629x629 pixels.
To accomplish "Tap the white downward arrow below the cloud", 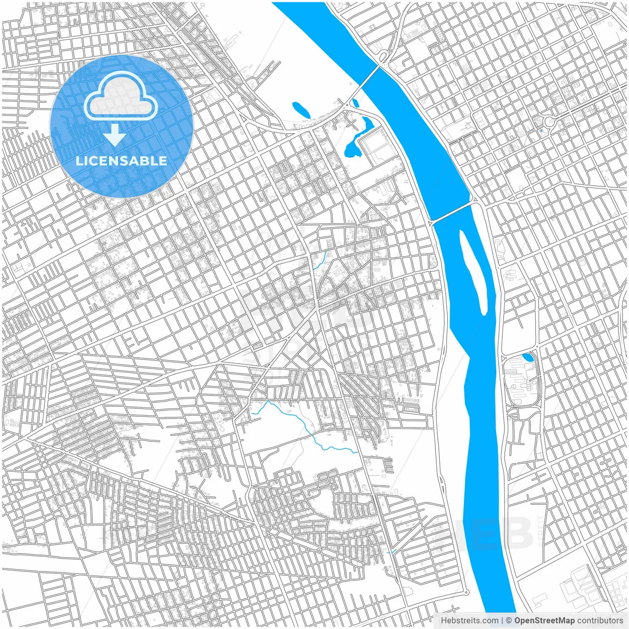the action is click(114, 135).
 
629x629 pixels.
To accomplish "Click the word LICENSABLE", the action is click(121, 161).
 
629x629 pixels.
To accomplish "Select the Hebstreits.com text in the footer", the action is click(470, 621).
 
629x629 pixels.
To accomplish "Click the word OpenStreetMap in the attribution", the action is click(544, 621).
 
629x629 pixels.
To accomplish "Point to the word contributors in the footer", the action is click(600, 621).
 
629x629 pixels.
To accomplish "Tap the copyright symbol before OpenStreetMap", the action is click(510, 621).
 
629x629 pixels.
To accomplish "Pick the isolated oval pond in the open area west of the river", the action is click(301, 110).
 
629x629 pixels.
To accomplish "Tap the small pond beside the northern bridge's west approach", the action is click(355, 103).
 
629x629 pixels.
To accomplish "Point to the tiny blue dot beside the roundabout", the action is click(541, 131).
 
